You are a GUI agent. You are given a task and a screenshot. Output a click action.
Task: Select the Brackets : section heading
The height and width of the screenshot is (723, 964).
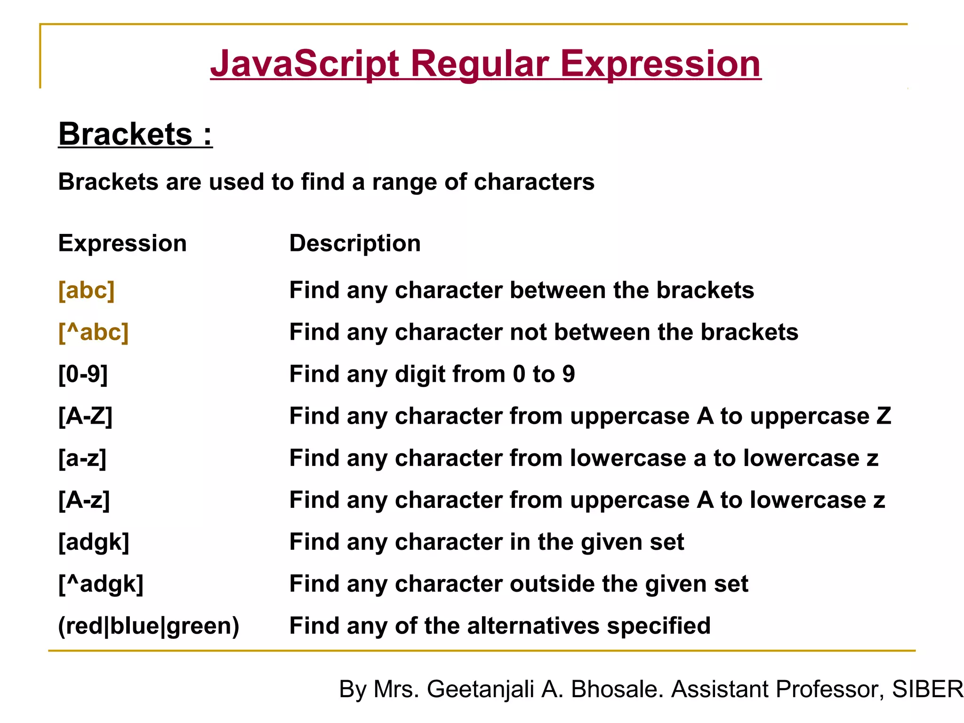coord(135,134)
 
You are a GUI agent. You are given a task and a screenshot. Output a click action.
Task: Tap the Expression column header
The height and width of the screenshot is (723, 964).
coord(122,243)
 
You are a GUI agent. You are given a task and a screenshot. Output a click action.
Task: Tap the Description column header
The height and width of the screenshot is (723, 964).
coord(355,243)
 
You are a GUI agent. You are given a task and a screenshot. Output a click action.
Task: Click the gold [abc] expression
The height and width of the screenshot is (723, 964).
coord(87,290)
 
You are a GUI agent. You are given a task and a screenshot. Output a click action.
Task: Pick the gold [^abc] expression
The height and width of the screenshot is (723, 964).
coord(93,332)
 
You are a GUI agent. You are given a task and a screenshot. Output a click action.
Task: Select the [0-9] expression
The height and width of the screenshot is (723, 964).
coord(83,374)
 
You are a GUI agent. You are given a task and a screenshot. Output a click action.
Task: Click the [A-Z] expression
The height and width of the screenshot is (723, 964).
coord(85,416)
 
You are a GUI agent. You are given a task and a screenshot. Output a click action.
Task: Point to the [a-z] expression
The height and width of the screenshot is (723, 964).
coord(82,458)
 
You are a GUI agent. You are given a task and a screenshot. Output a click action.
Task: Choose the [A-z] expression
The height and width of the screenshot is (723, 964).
coord(84,500)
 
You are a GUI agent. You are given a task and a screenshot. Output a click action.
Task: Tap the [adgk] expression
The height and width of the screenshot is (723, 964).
coord(93,542)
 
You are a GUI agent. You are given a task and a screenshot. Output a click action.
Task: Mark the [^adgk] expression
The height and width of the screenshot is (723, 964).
coord(101,584)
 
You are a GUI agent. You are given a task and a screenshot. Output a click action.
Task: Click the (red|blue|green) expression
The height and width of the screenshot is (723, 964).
coord(148,626)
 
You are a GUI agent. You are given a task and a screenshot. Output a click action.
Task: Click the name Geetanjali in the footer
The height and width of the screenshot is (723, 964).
coord(480,689)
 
